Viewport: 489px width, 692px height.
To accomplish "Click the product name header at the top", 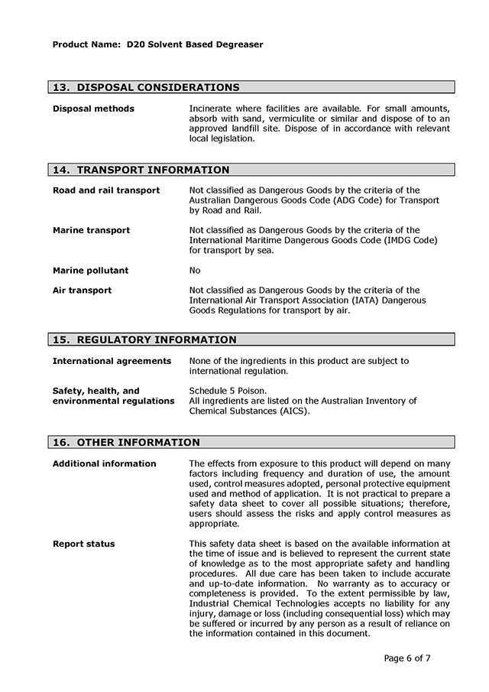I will (x=157, y=44).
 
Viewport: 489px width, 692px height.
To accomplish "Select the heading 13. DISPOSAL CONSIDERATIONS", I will (x=145, y=87).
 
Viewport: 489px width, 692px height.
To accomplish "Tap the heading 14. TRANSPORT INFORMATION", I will (x=141, y=170).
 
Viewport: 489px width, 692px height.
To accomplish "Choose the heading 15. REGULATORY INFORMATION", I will (x=144, y=340).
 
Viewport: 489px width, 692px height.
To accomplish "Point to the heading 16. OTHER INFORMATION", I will (x=126, y=442).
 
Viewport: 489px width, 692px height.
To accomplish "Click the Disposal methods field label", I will (x=93, y=109).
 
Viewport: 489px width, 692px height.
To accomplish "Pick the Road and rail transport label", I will (x=106, y=190).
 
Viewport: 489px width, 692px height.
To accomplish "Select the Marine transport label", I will (x=91, y=230).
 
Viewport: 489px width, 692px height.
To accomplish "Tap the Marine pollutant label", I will (x=90, y=270).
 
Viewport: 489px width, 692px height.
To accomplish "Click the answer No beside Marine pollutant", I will (x=195, y=270).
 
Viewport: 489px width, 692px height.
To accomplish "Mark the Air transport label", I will (x=82, y=290).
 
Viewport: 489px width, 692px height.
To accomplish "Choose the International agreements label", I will (x=112, y=360).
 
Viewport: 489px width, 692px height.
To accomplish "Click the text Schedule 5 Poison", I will (x=228, y=391).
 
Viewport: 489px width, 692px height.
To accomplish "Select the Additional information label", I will (x=104, y=463).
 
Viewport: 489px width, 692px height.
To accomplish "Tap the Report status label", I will (x=83, y=544).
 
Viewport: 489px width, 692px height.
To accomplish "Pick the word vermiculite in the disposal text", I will (x=300, y=119).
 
